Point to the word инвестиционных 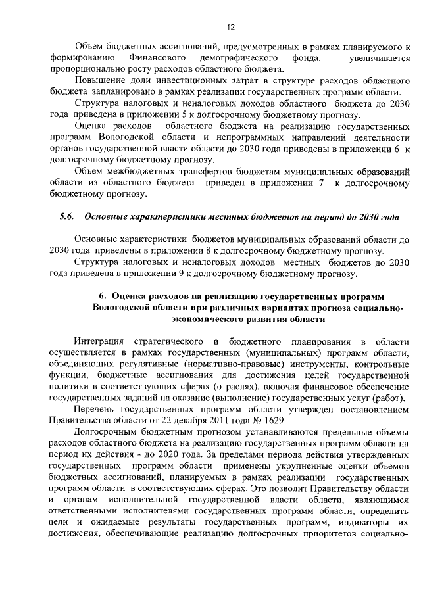coord(176,81)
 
